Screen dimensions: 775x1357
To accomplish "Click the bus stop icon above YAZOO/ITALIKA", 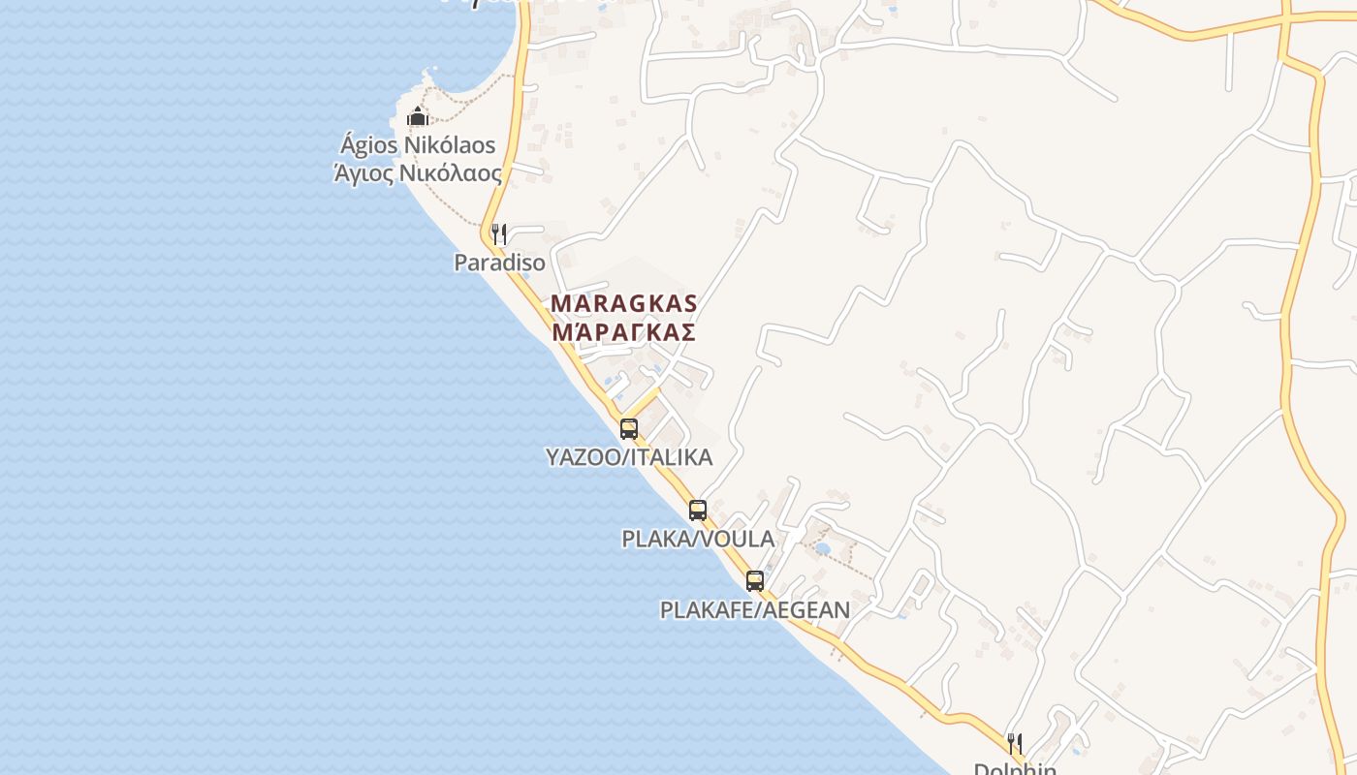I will coord(629,428).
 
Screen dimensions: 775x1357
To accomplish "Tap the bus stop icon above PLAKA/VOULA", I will coord(698,511).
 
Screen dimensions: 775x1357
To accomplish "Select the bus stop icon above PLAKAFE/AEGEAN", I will coord(755,581).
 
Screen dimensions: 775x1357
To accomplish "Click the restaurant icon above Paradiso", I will coord(498,233).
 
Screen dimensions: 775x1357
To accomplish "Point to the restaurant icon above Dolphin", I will coord(1015,744).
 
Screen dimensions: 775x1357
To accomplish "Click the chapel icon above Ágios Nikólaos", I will coord(418,117).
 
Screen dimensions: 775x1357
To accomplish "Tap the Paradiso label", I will coord(499,263).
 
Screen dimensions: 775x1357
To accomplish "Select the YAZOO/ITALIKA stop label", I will coord(629,457).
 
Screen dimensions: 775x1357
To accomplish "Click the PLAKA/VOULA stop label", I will coord(698,539).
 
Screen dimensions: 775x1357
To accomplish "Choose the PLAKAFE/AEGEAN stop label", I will coord(755,610).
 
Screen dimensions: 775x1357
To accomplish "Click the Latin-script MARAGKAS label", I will coord(624,303).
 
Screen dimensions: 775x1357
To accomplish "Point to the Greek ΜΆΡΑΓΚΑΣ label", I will coord(624,332).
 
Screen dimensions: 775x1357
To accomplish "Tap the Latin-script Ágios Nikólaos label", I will coord(418,145).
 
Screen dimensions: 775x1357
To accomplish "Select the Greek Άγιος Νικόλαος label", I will coord(418,174).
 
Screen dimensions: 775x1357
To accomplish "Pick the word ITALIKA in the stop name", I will coord(672,457).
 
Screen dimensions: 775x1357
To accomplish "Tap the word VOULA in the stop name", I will coord(742,539).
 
